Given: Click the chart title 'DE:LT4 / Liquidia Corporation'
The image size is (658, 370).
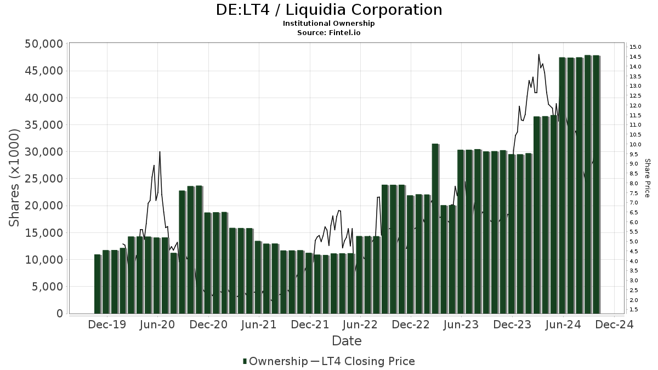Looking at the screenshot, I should coord(329,10).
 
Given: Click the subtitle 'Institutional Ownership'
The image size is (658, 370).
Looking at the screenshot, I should coord(329,24).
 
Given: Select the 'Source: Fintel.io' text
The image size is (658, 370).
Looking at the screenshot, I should coord(329,33).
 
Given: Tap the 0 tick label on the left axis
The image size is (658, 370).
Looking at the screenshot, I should coord(60,314).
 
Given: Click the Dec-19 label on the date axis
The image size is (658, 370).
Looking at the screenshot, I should coord(107,325).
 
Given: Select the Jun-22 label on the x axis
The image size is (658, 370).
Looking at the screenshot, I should coord(360,325).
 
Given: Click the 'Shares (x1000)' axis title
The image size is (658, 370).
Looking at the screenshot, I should coord(15,179).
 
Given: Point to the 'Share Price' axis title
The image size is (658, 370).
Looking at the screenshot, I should coord(648,178).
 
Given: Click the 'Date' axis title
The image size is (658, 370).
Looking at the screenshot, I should coord(347,341).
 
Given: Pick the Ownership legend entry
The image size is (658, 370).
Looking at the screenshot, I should coord(276,361).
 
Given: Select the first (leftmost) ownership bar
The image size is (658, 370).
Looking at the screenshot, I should coord(98,284).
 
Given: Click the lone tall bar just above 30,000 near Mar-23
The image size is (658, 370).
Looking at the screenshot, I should coord(435,228).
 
